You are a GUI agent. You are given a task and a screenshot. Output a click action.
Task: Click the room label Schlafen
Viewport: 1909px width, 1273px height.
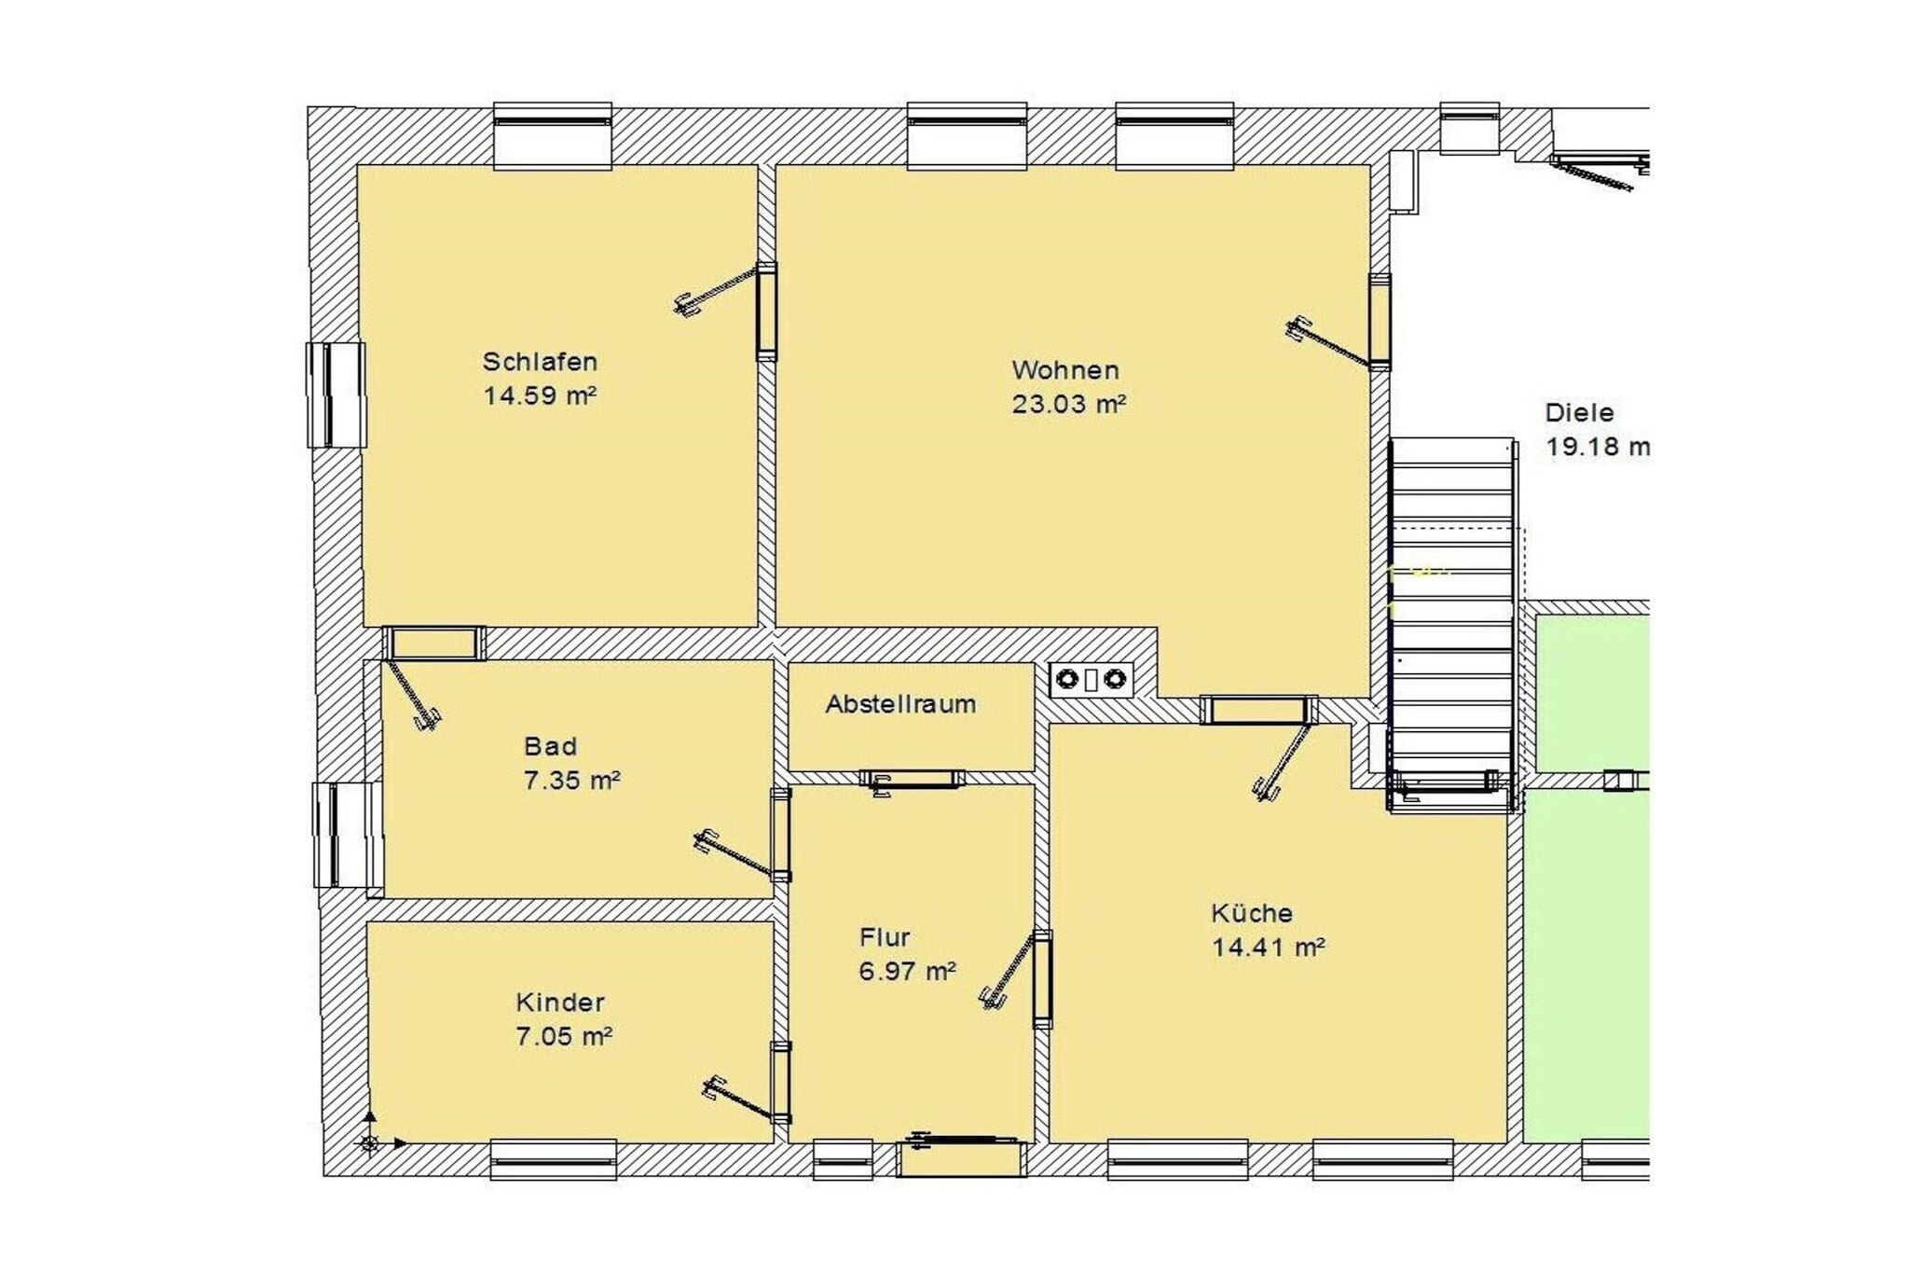point(540,362)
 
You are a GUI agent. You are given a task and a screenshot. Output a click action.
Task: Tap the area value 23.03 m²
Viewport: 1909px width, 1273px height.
point(1068,405)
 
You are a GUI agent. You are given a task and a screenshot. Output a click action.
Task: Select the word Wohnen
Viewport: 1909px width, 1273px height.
point(1065,370)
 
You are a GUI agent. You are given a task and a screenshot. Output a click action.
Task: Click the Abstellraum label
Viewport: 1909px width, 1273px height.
point(900,704)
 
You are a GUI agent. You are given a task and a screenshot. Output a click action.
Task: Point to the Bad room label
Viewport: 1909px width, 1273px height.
point(550,746)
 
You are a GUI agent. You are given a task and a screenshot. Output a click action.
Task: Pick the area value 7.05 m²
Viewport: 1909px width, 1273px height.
point(563,1036)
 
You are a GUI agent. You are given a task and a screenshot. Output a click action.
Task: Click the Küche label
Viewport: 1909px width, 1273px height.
point(1251,913)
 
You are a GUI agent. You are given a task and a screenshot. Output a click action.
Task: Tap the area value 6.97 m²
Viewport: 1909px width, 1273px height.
point(906,972)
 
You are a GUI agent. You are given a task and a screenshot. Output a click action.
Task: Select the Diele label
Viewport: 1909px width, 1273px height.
point(1579,412)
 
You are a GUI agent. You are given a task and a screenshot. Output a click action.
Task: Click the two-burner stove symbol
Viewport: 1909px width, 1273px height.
point(1091,680)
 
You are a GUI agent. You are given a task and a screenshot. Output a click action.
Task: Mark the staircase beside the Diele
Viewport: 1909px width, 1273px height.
point(1451,616)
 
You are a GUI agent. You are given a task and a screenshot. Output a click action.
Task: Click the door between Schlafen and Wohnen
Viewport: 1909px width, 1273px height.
point(766,311)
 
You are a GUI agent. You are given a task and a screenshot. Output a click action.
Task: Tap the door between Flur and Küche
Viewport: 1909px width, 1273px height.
point(1042,979)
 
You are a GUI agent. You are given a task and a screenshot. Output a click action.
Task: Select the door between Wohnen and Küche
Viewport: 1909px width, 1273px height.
point(1258,711)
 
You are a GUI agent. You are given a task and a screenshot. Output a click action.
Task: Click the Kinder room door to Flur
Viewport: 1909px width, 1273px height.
point(781,1082)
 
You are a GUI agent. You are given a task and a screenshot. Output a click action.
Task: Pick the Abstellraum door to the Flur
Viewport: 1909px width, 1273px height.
point(912,779)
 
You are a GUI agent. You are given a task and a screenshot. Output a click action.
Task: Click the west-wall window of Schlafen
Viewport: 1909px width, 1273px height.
point(336,394)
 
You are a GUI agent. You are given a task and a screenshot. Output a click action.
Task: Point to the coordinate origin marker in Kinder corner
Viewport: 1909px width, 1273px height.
point(370,1142)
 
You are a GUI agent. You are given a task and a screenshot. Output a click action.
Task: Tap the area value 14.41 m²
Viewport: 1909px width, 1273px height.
point(1268,948)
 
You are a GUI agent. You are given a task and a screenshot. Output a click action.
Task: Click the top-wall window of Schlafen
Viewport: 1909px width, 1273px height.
point(553,135)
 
